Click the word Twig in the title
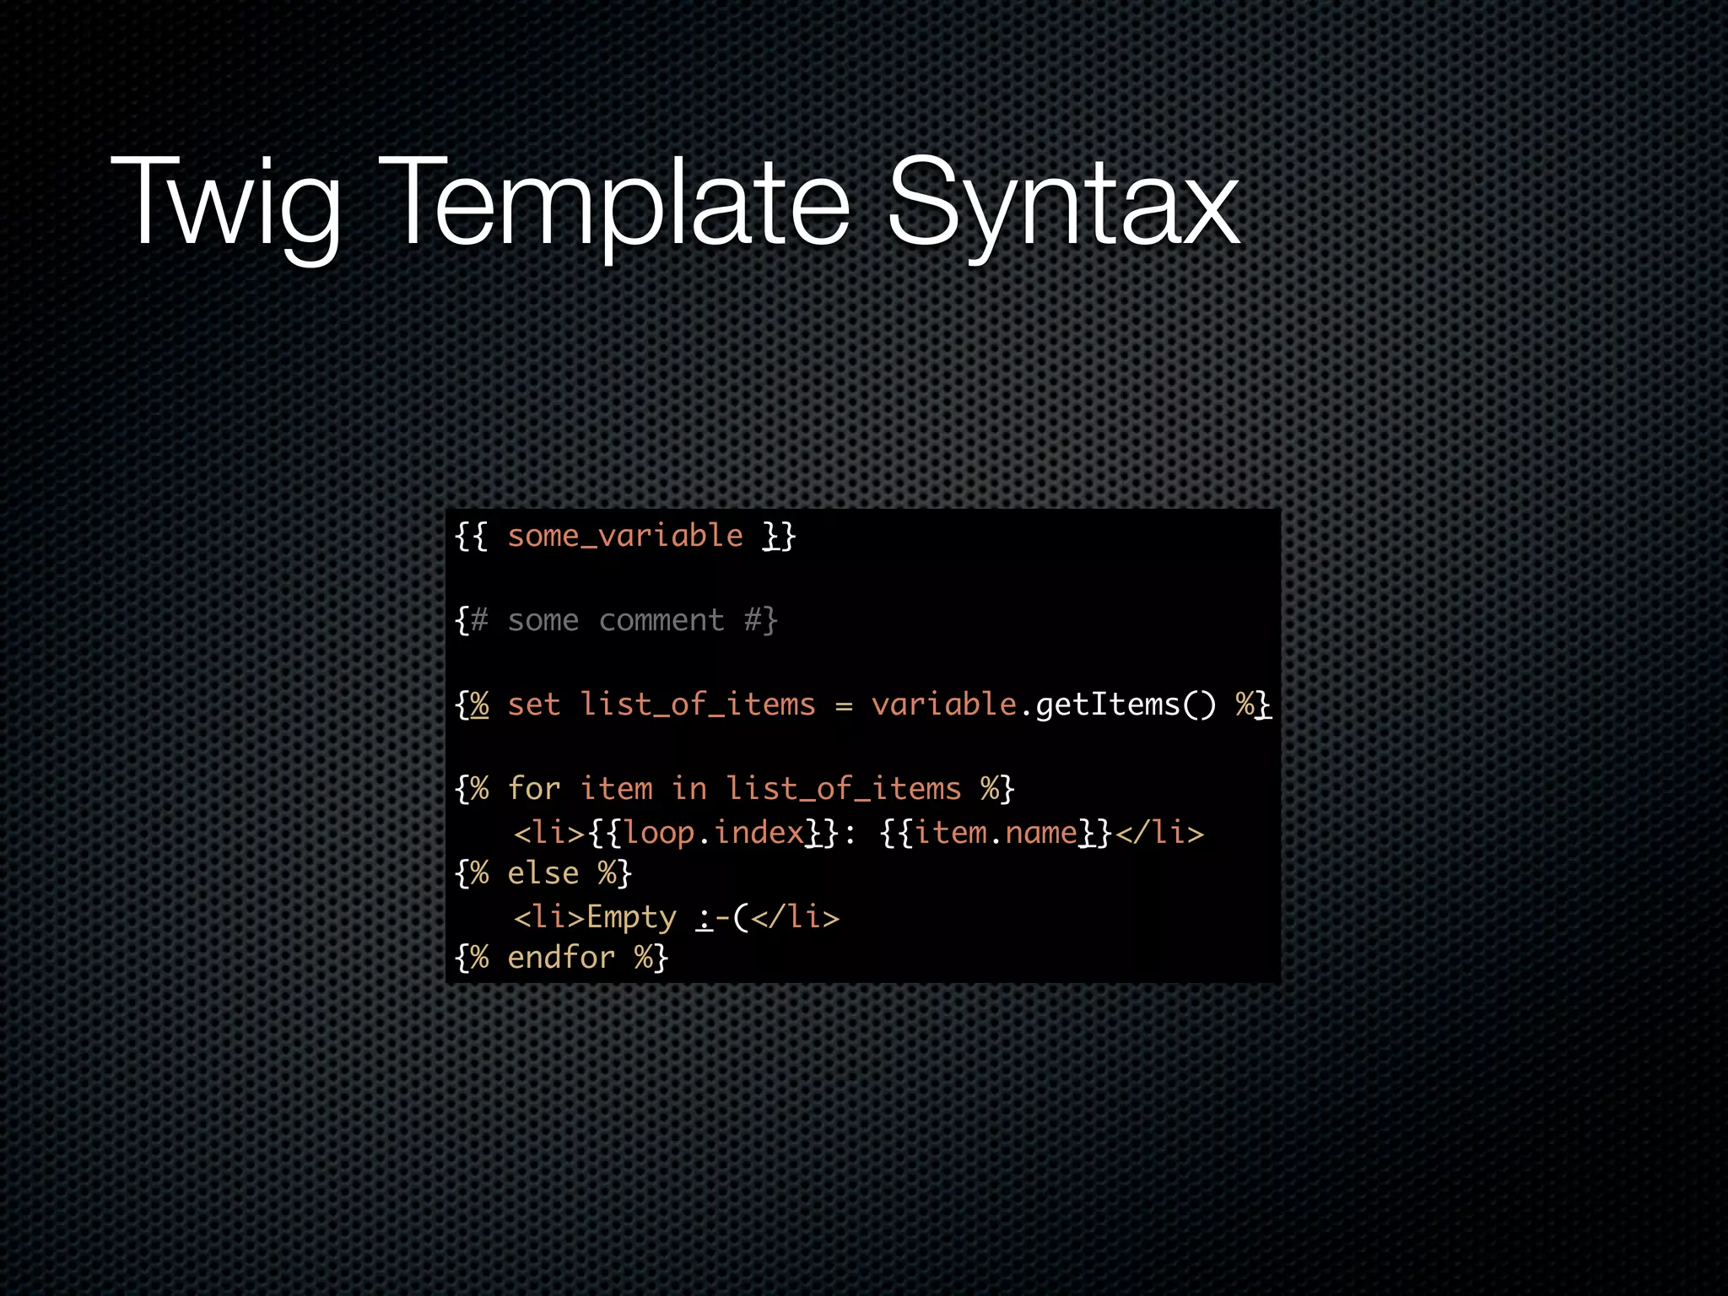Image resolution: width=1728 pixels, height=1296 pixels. pyautogui.click(x=226, y=202)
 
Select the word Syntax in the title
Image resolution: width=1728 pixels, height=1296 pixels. pyautogui.click(x=1063, y=202)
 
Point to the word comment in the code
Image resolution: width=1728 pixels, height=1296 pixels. pyautogui.click(x=661, y=621)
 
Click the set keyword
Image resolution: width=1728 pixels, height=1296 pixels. pyautogui.click(x=534, y=705)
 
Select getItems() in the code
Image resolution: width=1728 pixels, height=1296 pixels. pyautogui.click(x=1126, y=705)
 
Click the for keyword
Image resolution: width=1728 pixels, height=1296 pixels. pyautogui.click(x=534, y=789)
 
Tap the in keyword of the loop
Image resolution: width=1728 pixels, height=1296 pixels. pyautogui.click(x=689, y=789)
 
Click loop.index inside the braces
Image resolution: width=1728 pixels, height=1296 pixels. pyautogui.click(x=714, y=834)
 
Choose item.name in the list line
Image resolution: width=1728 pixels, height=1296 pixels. pyautogui.click(x=996, y=834)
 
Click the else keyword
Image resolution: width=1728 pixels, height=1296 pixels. pyautogui.click(x=543, y=873)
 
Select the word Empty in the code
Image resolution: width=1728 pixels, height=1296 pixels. pyautogui.click(x=631, y=918)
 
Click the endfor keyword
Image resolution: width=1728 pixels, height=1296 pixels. pyautogui.click(x=561, y=958)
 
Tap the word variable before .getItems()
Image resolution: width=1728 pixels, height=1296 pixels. pyautogui.click(x=943, y=705)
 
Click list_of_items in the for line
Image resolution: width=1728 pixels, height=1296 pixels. pyautogui.click(x=844, y=789)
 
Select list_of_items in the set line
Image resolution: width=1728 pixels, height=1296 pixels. pyautogui.click(x=698, y=705)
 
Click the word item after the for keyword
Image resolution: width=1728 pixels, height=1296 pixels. pyautogui.click(x=617, y=789)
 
